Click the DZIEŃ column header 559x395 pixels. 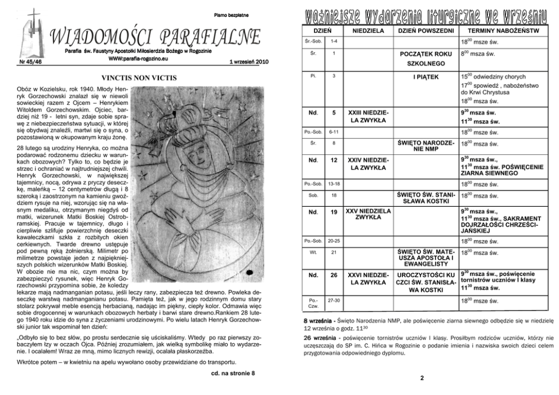[x=322, y=30]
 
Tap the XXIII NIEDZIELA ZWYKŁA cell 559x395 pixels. [x=367, y=117]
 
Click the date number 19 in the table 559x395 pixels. [x=334, y=212]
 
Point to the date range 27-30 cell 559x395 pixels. [x=334, y=301]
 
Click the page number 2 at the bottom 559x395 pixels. [x=422, y=378]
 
